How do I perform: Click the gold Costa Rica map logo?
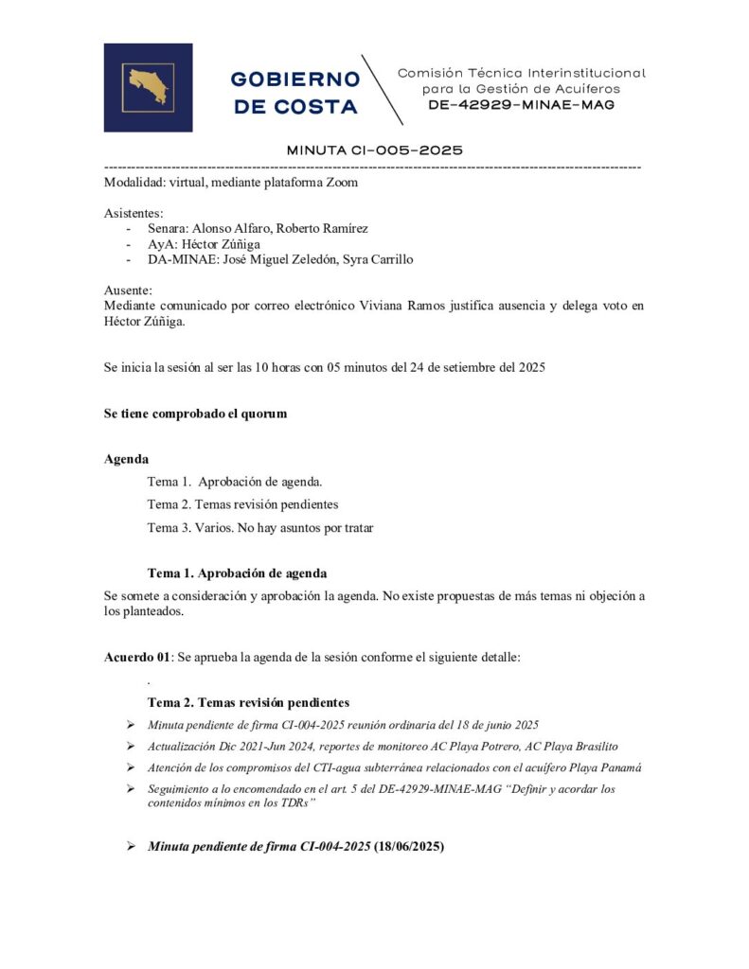tap(148, 87)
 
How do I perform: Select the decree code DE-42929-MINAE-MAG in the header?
tap(521, 105)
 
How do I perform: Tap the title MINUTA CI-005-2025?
tap(374, 150)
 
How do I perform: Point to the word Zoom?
tap(340, 183)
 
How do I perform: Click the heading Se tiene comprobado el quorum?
tap(195, 414)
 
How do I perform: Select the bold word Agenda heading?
tap(126, 459)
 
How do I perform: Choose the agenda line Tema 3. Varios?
tap(260, 528)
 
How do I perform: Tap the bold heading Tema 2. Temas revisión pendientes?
tap(249, 703)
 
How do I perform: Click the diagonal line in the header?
tap(383, 90)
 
